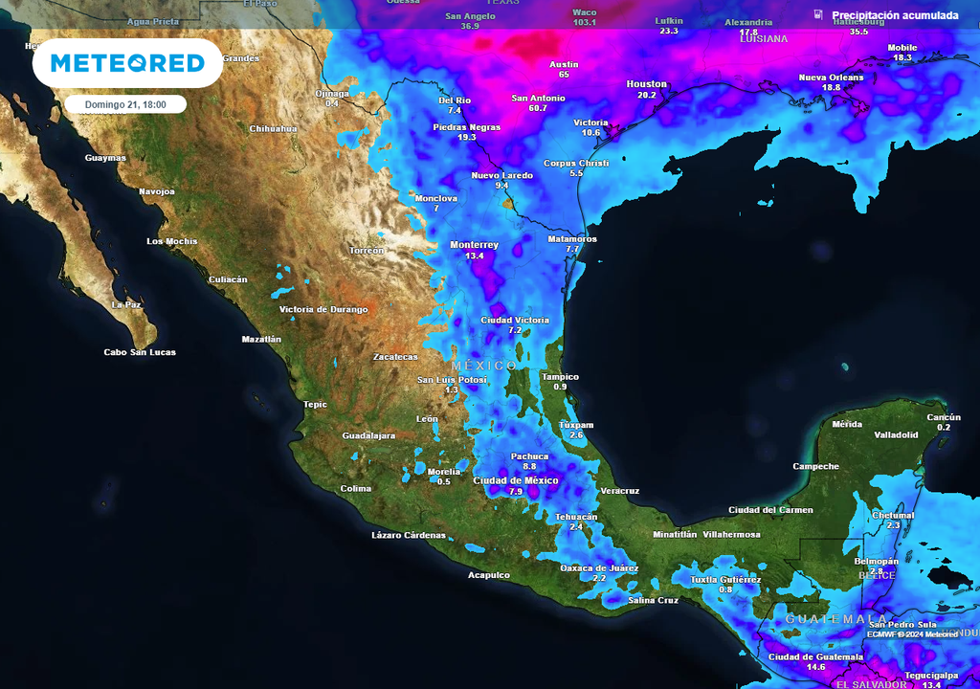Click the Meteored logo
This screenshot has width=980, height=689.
(x=127, y=63)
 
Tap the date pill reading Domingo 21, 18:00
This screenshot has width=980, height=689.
(x=125, y=104)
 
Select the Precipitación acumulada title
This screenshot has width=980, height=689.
(x=895, y=15)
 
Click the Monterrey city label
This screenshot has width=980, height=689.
(x=474, y=245)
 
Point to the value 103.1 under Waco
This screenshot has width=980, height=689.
(x=584, y=22)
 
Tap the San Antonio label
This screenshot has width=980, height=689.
(x=538, y=98)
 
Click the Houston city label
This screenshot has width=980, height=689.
(x=646, y=84)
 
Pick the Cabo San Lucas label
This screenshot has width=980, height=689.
(x=140, y=352)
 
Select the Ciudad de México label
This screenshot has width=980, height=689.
(x=516, y=480)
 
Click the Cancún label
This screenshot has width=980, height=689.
(x=944, y=417)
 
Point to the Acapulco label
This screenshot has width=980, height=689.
(x=488, y=575)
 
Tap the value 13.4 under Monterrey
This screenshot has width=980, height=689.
(x=474, y=256)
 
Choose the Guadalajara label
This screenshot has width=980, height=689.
(x=368, y=435)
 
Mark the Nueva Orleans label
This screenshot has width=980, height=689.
(x=831, y=78)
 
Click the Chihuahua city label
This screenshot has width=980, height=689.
(x=273, y=128)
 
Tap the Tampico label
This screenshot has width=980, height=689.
(x=560, y=376)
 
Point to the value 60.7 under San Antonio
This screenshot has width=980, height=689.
(x=537, y=108)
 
